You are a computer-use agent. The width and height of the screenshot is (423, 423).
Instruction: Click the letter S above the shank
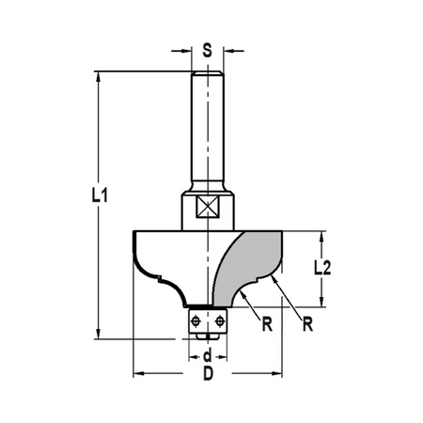[x=207, y=50]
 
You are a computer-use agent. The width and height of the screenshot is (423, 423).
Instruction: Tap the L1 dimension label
[x=100, y=196]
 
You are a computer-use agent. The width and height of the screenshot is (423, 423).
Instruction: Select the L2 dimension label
[x=322, y=269]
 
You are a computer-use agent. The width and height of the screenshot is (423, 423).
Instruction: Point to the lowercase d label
[x=208, y=356]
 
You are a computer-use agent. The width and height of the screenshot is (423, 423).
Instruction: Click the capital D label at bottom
[x=208, y=373]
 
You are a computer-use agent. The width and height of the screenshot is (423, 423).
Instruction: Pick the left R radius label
[x=267, y=324]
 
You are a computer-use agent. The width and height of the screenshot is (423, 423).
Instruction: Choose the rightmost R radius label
[x=307, y=324]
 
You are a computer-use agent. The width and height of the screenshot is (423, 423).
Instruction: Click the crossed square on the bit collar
[x=207, y=207]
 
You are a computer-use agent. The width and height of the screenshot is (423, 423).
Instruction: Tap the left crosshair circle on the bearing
[x=196, y=321]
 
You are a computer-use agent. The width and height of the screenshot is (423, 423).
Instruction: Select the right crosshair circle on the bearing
[x=219, y=321]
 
